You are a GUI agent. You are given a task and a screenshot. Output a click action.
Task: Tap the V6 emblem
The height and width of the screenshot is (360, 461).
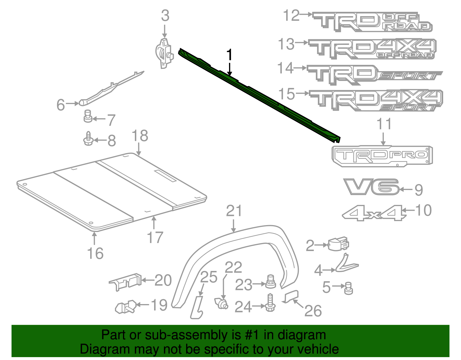point(371,187)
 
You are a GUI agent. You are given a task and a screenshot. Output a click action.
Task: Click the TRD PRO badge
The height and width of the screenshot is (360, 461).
point(382,156)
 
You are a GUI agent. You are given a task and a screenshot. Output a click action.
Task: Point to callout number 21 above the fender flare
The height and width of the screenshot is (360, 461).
point(234,211)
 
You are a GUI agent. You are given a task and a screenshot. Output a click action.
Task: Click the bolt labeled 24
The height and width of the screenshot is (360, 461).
point(270,303)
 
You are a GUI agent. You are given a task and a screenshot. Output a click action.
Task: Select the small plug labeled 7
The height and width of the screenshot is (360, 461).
point(88,116)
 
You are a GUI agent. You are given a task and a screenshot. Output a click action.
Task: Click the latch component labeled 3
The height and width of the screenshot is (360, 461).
point(164,53)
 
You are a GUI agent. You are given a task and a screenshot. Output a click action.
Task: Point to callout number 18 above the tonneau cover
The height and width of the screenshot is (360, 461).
point(140,136)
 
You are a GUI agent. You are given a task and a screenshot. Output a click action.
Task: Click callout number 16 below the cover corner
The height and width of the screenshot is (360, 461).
point(95,253)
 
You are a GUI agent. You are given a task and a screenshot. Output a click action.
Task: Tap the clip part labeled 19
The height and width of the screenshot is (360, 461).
point(126,307)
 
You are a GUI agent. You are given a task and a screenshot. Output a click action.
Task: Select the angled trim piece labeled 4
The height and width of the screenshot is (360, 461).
point(345,263)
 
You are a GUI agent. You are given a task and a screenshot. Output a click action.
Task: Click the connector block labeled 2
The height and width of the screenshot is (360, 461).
point(338,244)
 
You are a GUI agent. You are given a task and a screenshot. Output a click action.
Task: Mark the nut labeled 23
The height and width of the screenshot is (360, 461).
point(270,282)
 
